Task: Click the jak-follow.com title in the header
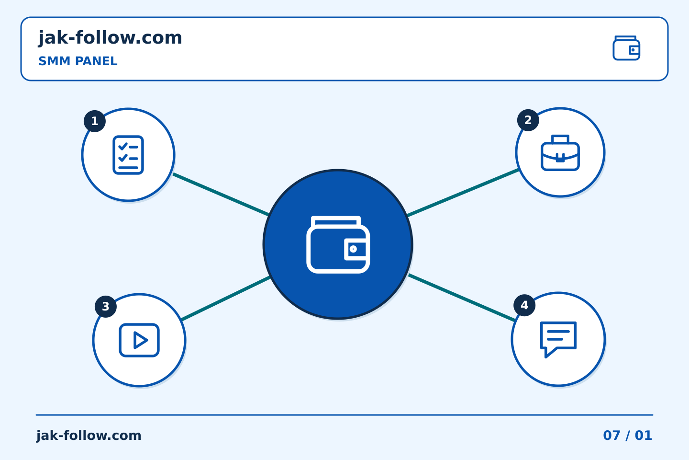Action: [110, 38]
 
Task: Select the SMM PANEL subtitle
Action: [78, 61]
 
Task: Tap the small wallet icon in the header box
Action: [626, 48]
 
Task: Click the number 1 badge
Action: [95, 121]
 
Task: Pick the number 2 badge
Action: [528, 120]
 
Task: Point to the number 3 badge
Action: [105, 307]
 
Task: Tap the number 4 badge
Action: [524, 305]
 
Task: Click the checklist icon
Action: [128, 155]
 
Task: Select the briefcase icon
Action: [560, 152]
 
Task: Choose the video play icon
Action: [139, 340]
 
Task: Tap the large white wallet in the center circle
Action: [338, 245]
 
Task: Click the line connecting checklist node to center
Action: [221, 195]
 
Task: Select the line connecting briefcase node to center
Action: [463, 192]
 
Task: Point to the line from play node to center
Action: [226, 299]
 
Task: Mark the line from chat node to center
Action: [462, 298]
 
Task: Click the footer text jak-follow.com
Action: [89, 436]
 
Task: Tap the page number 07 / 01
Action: [627, 436]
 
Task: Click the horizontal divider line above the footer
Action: [344, 415]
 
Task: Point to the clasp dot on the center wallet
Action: [353, 249]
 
